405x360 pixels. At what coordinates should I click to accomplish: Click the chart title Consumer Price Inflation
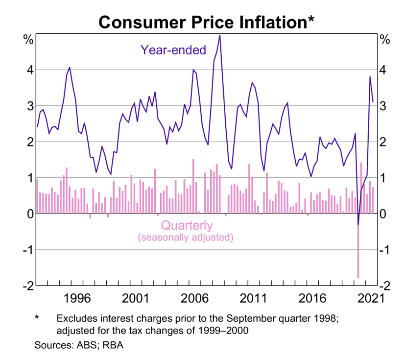coord(202,21)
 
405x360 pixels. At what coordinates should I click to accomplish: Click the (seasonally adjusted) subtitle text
coord(185,239)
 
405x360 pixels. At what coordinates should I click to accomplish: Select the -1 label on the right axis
coord(386,250)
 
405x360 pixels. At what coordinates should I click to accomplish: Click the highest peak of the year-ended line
coord(219,35)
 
